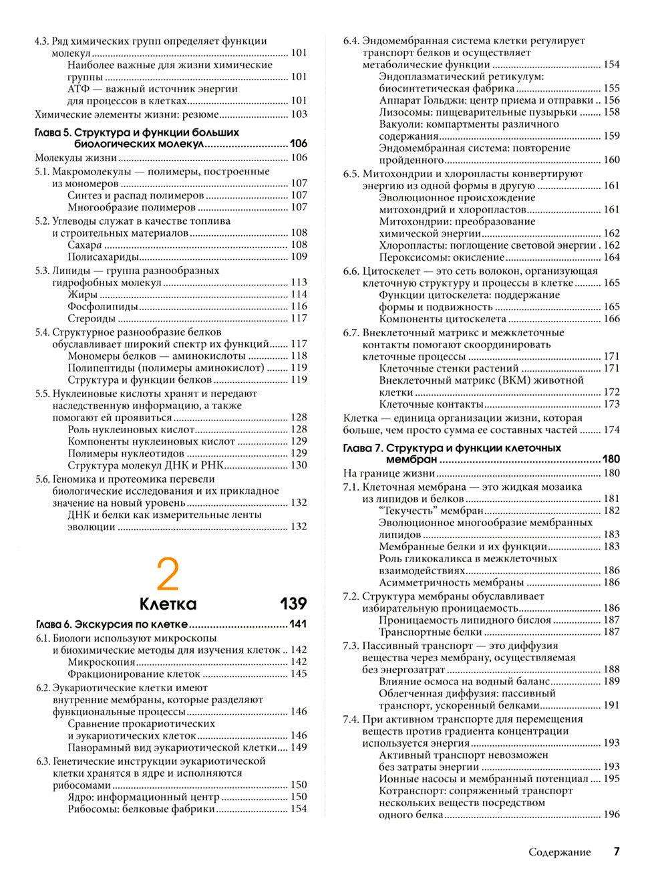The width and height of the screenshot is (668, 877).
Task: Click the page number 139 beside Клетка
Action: click(293, 604)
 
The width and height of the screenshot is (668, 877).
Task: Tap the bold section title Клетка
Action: click(168, 604)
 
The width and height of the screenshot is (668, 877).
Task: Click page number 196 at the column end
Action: click(611, 815)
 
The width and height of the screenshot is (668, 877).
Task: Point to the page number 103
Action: click(299, 114)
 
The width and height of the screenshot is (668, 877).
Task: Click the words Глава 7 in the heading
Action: click(362, 448)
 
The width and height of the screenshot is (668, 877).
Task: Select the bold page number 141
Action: click(298, 625)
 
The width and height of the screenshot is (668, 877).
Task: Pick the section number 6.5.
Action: click(351, 174)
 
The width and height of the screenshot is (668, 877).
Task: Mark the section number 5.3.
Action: click(42, 271)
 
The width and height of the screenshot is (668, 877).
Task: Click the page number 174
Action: click(611, 430)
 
